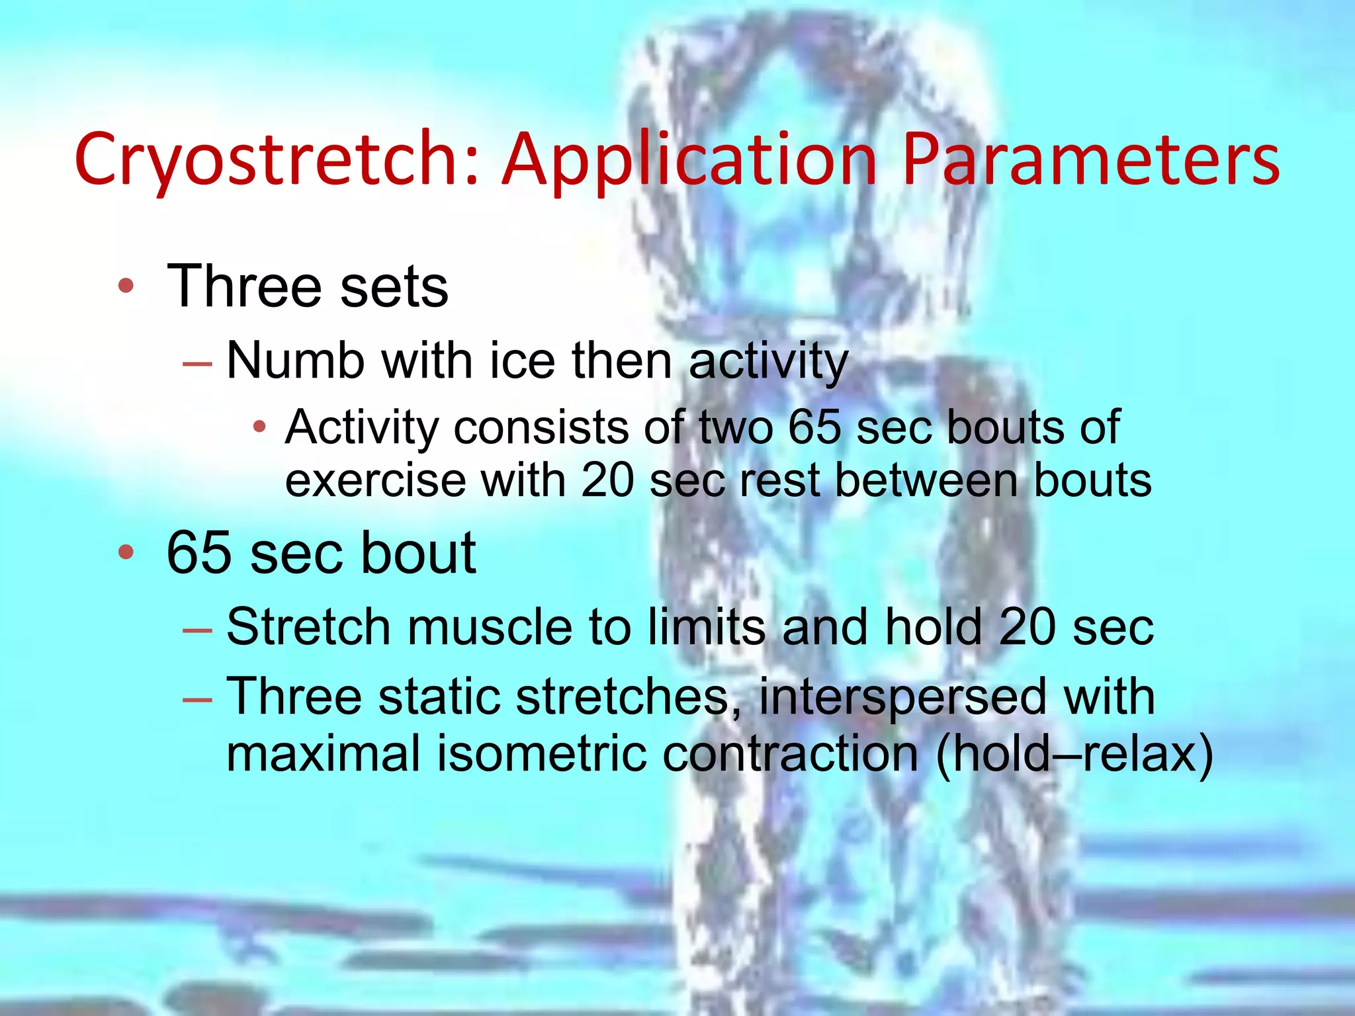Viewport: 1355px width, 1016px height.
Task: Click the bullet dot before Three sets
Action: click(126, 286)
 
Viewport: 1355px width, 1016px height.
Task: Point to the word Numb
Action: click(295, 361)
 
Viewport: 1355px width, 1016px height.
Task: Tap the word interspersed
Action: click(902, 697)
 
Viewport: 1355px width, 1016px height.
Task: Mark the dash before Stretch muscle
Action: click(197, 630)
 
